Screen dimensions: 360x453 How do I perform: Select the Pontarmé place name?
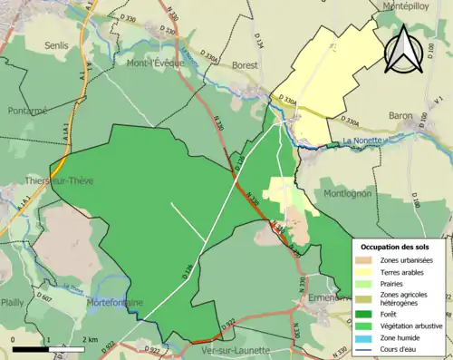point(26,110)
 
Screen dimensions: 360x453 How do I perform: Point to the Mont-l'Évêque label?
point(155,63)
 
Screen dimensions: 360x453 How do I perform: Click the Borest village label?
point(245,65)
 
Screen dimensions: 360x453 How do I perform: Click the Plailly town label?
point(13,302)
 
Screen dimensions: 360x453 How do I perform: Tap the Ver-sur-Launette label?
point(244,351)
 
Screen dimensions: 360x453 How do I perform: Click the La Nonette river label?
point(363,141)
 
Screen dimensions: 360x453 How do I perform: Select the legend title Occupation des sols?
point(400,247)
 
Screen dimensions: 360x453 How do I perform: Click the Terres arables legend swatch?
point(368,271)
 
